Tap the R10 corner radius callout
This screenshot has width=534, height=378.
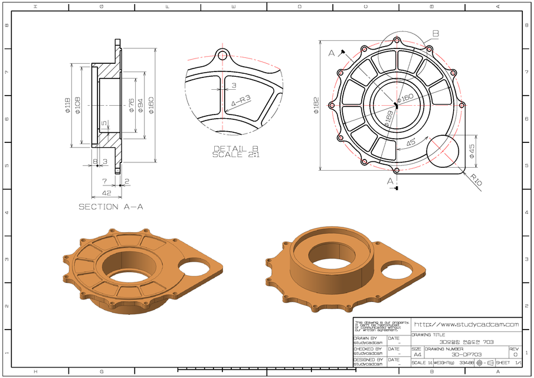tap(476, 180)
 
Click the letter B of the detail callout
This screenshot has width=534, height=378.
tap(435, 34)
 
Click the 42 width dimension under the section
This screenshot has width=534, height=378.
tap(106, 193)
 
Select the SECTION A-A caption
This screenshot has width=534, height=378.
tap(110, 207)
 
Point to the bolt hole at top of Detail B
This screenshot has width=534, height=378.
tap(222, 56)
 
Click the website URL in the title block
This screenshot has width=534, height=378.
tap(466, 324)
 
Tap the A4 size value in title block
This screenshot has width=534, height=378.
tap(417, 354)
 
